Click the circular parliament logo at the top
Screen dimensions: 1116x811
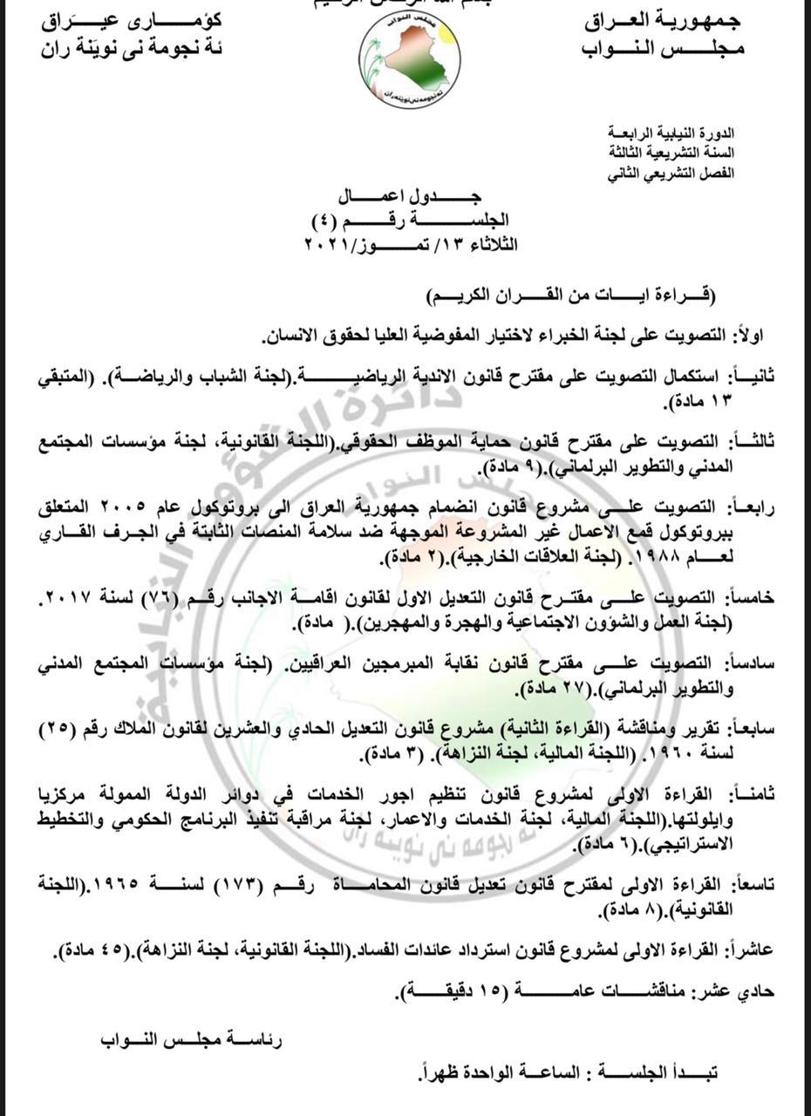point(410,59)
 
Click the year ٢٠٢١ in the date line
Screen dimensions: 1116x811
point(324,246)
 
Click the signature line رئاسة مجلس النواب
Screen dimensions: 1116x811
point(191,1040)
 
